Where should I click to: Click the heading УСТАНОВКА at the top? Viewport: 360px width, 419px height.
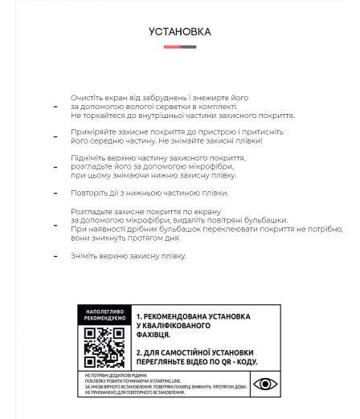[180, 31]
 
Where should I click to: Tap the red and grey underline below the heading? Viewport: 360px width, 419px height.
[180, 47]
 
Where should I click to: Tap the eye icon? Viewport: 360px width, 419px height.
[265, 384]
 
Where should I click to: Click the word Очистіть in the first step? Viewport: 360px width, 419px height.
[85, 97]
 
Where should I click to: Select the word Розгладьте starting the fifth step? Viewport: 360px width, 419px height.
[90, 212]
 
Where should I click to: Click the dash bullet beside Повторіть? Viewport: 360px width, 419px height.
[55, 193]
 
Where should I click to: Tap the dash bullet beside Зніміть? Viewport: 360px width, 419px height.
[55, 257]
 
